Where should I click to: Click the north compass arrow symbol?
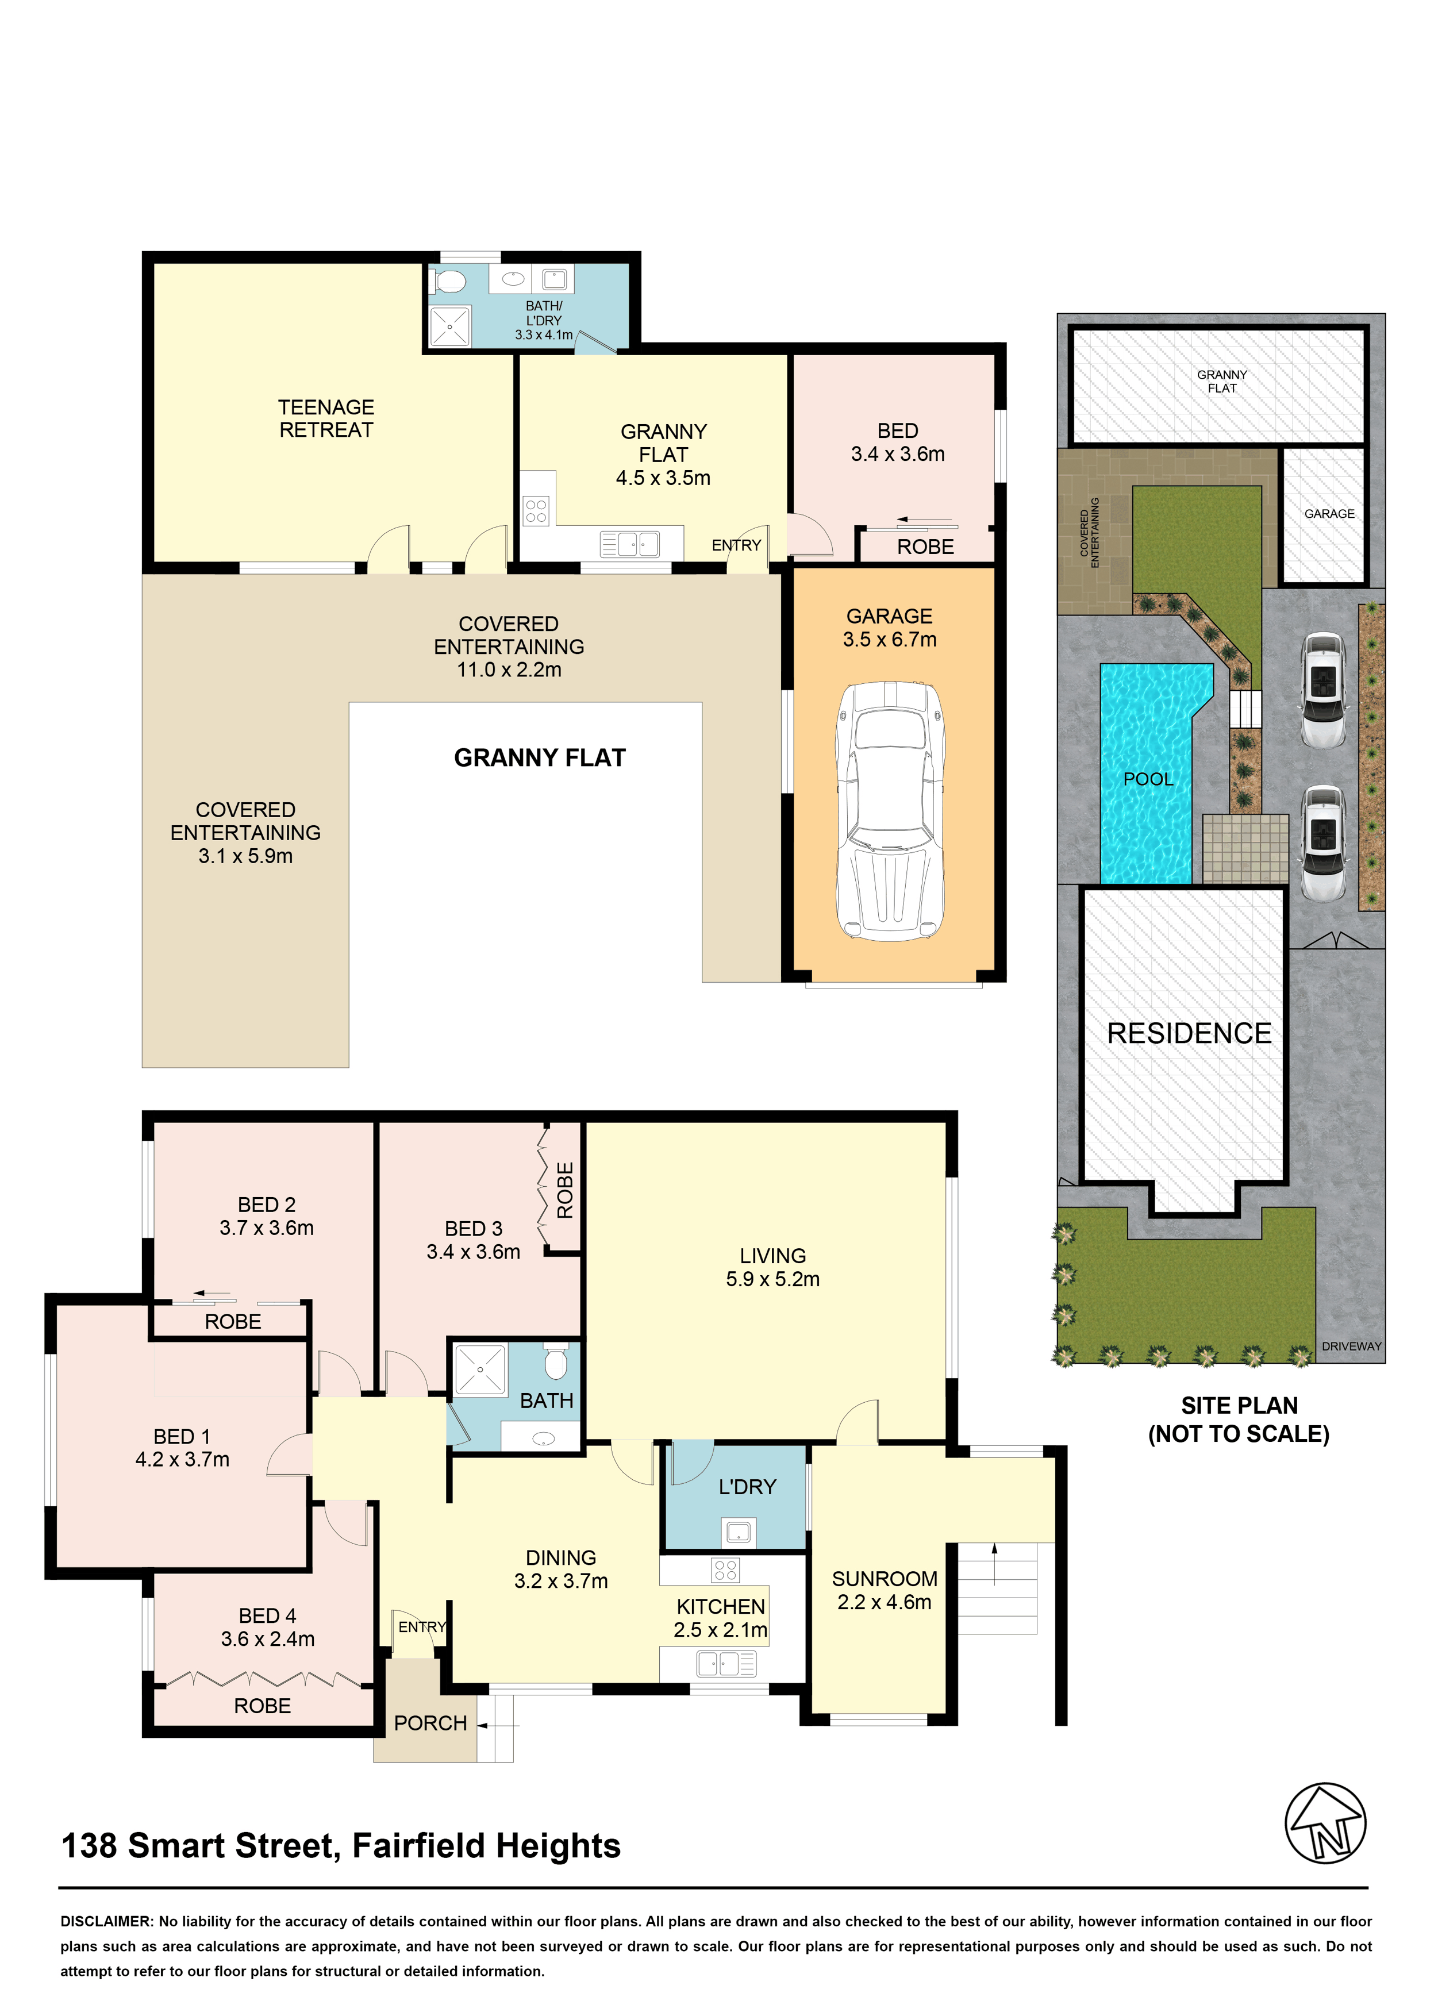1325,1822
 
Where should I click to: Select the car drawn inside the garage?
891,811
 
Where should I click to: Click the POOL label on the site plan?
1148,779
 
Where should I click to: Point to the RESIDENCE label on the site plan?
1189,1033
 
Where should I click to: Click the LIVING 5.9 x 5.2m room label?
773,1267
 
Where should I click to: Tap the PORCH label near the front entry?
430,1723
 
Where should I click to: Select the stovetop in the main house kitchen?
725,1571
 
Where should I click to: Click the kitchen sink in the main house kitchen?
726,1664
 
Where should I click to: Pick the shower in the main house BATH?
480,1369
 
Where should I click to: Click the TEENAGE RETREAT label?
326,419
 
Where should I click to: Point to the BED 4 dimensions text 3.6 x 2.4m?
267,1639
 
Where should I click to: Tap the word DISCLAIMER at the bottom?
107,1921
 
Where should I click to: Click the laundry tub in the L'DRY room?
737,1531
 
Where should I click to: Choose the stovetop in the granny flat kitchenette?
536,511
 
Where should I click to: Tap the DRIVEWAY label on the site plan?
1351,1346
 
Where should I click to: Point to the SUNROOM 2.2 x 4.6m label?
885,1590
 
